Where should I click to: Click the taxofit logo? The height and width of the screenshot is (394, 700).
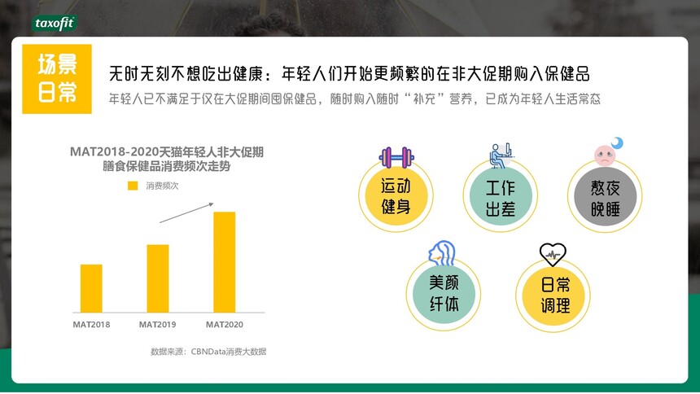55,24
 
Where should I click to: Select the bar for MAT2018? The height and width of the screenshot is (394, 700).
91,288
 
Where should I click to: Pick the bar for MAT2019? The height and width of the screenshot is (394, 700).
158,278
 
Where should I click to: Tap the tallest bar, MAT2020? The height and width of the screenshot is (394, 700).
224,262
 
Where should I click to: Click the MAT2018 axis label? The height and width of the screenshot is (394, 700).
91,325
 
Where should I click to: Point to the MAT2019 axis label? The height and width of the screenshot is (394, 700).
158,325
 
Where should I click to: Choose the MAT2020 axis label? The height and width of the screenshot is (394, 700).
224,325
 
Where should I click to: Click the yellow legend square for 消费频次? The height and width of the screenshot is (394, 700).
133,186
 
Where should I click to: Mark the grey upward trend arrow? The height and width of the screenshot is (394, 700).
186,212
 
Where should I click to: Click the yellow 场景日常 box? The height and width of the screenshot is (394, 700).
57,79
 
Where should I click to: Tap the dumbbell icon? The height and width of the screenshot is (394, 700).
396,157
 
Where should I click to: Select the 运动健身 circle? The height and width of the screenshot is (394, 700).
396,196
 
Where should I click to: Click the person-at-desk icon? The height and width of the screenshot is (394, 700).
501,155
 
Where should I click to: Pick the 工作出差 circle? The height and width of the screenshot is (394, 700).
501,197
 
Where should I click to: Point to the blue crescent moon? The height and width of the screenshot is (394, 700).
618,143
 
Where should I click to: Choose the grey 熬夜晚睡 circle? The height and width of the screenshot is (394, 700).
605,197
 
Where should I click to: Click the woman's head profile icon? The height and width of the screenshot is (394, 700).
441,253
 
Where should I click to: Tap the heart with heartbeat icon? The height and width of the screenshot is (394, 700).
553,254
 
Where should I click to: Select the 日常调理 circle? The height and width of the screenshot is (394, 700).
553,295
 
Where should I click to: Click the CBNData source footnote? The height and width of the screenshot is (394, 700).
208,352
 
